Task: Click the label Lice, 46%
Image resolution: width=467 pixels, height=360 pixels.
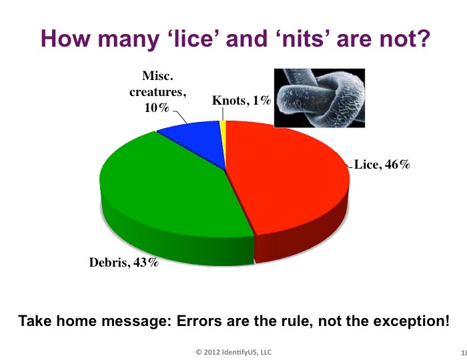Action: pyautogui.click(x=382, y=164)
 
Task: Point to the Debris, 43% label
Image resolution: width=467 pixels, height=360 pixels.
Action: pyautogui.click(x=124, y=262)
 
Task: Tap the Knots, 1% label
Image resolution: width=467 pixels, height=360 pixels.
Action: pyautogui.click(x=242, y=101)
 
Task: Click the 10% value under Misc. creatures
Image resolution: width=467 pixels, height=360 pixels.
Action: pyautogui.click(x=157, y=107)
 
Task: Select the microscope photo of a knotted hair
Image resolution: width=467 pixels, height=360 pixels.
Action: pyautogui.click(x=320, y=98)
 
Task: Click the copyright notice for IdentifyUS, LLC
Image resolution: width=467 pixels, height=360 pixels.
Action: pyautogui.click(x=233, y=352)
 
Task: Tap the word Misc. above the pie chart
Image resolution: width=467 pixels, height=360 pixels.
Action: pyautogui.click(x=157, y=75)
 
